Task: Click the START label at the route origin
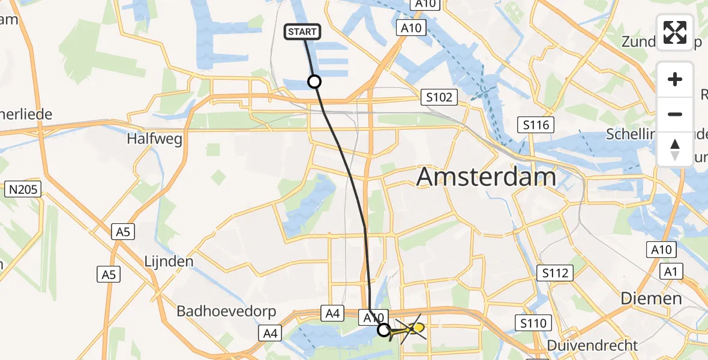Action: point(302,32)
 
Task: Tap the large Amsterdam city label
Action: point(486,178)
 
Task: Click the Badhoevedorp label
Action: point(226,311)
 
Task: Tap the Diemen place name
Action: point(651,298)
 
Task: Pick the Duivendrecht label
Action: point(592,346)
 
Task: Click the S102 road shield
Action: point(439,97)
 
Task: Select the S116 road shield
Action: point(535,125)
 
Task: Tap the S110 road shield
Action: point(533,323)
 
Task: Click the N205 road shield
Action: point(22,190)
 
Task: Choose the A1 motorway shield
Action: point(670,272)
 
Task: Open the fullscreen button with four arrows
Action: point(675,32)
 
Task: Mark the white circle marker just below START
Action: point(314,81)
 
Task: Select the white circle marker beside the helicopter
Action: point(384,329)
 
